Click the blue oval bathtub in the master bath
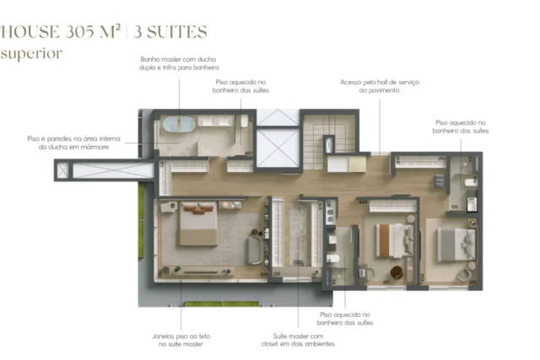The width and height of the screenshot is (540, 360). click(x=178, y=124)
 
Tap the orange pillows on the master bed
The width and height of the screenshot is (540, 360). click(x=198, y=208)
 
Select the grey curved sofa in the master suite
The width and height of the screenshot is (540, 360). click(x=255, y=250)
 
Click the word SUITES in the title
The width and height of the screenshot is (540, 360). click(x=170, y=32)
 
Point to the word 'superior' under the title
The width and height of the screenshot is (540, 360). click(x=31, y=54)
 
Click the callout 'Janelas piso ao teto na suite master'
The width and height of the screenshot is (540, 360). click(x=181, y=340)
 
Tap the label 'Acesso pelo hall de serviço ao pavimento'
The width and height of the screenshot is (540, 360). click(x=380, y=86)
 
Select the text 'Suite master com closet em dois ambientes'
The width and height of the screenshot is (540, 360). click(x=298, y=340)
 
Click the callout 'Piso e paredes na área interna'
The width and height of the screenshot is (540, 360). click(x=73, y=139)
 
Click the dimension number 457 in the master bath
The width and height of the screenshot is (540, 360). click(x=248, y=153)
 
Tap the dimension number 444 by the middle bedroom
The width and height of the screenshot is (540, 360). click(x=363, y=202)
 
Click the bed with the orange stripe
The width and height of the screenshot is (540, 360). click(x=395, y=240)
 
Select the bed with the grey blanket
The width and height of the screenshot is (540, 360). click(x=456, y=244)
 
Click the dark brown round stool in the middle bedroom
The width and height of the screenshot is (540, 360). click(x=397, y=272)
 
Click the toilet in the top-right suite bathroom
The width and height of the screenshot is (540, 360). click(x=471, y=182)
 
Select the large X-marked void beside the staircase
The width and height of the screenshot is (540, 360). click(x=278, y=148)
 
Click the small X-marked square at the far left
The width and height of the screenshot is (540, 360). click(x=62, y=170)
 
